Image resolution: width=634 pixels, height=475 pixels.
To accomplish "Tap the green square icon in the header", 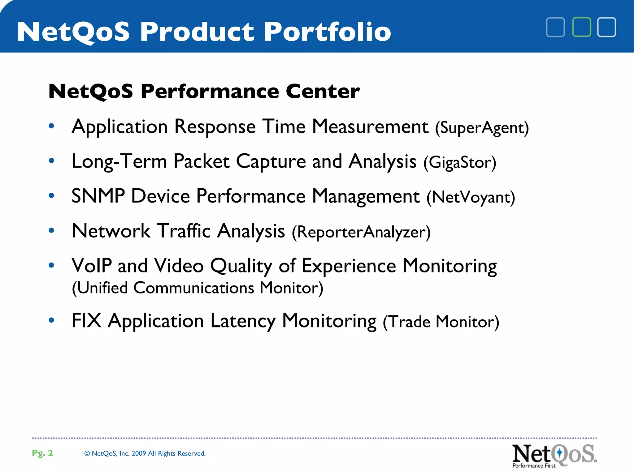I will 581,27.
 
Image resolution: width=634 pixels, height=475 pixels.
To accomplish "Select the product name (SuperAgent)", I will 482,128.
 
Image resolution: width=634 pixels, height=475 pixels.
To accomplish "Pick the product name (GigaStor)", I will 460,162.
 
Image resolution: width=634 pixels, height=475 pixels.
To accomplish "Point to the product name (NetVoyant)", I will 471,197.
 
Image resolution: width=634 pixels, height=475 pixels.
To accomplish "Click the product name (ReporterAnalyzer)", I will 361,232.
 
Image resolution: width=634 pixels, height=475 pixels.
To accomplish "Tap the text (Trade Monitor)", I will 441,322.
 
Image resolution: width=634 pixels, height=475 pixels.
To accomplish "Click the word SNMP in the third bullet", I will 98,196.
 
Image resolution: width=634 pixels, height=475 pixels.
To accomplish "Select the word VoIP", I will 92,266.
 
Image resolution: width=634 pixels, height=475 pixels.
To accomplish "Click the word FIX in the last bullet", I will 86,321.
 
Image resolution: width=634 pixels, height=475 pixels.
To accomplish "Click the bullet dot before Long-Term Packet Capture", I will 51,160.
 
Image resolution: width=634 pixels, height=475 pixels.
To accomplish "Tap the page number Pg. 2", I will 42,453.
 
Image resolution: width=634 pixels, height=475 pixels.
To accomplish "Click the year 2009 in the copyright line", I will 138,454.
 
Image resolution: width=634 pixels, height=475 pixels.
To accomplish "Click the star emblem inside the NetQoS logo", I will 559,453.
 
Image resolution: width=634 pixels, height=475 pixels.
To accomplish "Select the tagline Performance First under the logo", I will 534,466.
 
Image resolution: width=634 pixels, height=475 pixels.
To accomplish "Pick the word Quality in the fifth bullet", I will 241,266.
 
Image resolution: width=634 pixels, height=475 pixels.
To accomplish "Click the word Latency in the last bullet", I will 243,321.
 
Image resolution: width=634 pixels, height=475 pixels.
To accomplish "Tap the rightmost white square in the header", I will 606,27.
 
